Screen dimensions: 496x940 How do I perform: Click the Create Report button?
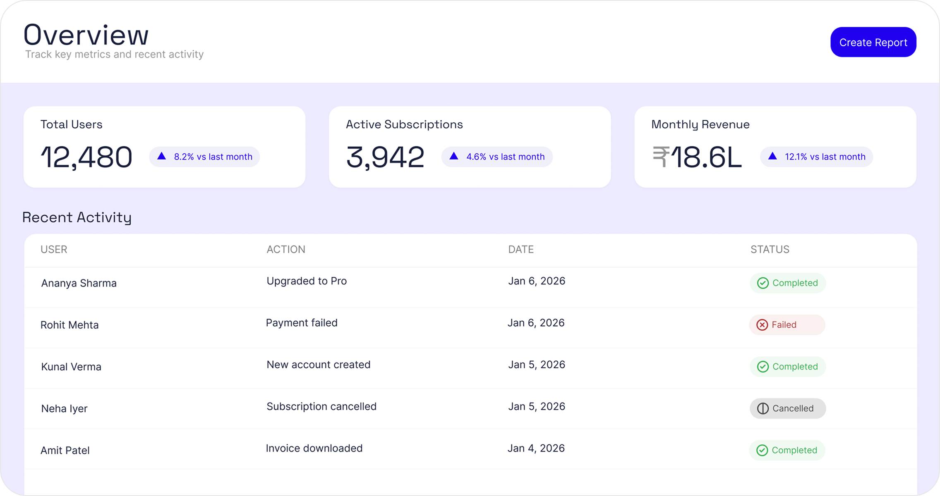(873, 42)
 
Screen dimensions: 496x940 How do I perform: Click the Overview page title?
(86, 35)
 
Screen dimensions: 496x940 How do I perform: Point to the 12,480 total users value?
(86, 157)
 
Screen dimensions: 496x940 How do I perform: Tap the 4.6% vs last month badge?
(497, 157)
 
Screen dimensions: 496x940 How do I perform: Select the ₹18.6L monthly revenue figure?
(697, 157)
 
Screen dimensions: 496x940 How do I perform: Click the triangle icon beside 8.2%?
(162, 156)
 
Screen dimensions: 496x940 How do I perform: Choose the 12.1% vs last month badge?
(816, 157)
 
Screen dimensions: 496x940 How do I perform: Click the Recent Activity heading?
(77, 217)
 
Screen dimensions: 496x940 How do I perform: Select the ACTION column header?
(286, 249)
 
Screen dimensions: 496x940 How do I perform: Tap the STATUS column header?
(770, 249)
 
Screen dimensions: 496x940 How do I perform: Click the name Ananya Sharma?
(79, 283)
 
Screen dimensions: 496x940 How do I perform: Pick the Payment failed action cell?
(302, 323)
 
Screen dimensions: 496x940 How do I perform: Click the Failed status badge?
(787, 325)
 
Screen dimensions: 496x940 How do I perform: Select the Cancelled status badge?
(787, 408)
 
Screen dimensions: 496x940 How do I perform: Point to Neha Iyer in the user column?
(65, 408)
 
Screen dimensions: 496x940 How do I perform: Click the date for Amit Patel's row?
(536, 448)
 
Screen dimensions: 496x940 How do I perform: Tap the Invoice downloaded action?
(314, 448)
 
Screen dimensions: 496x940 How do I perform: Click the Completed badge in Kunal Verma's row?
(787, 367)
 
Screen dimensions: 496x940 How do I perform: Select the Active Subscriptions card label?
(404, 124)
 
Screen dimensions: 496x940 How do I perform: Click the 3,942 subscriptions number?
(385, 157)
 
